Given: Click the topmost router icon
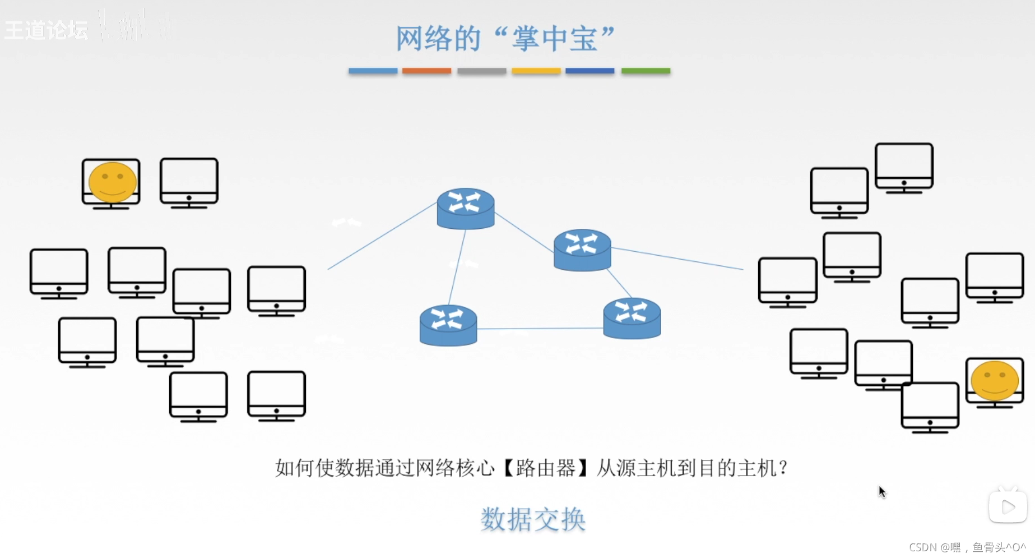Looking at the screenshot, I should click(466, 208).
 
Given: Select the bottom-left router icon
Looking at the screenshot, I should click(448, 325).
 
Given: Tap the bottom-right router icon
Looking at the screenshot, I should click(632, 318).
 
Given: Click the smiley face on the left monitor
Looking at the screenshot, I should click(113, 182).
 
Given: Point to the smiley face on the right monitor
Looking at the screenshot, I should click(995, 380).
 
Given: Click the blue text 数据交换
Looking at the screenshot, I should click(533, 519).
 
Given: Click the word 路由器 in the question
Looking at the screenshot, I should click(546, 468).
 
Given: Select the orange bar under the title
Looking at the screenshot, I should click(426, 71).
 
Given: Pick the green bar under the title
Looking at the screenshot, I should click(646, 71).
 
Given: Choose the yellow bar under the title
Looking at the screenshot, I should click(536, 71).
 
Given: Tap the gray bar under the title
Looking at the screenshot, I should click(481, 71).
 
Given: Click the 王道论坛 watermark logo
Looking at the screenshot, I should click(47, 30).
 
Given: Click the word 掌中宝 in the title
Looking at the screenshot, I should click(555, 39).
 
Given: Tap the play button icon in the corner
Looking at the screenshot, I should click(1008, 507).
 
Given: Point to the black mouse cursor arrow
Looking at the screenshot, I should click(881, 491).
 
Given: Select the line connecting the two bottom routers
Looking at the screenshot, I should click(540, 329).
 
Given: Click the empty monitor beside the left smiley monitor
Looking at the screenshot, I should click(189, 182).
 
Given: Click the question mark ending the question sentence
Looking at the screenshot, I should click(783, 468).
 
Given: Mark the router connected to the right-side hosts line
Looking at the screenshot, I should click(582, 250).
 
